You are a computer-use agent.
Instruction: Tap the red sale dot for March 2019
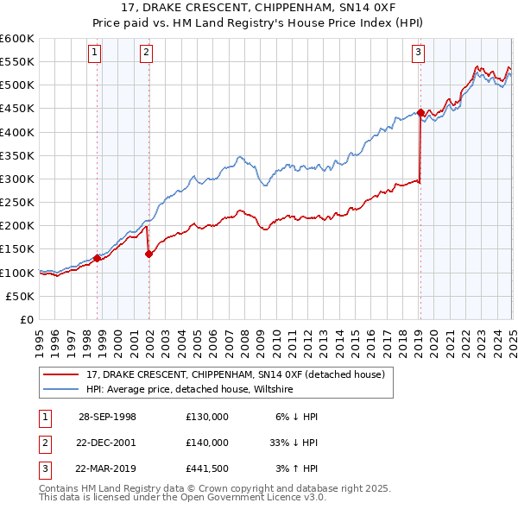(420, 112)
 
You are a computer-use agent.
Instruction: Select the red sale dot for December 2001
(149, 254)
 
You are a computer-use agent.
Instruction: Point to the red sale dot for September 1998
(98, 258)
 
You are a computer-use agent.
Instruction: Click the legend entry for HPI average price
(190, 390)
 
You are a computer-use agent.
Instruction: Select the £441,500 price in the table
(206, 469)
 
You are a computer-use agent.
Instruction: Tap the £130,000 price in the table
(206, 416)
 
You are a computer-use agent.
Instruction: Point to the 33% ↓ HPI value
(294, 443)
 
